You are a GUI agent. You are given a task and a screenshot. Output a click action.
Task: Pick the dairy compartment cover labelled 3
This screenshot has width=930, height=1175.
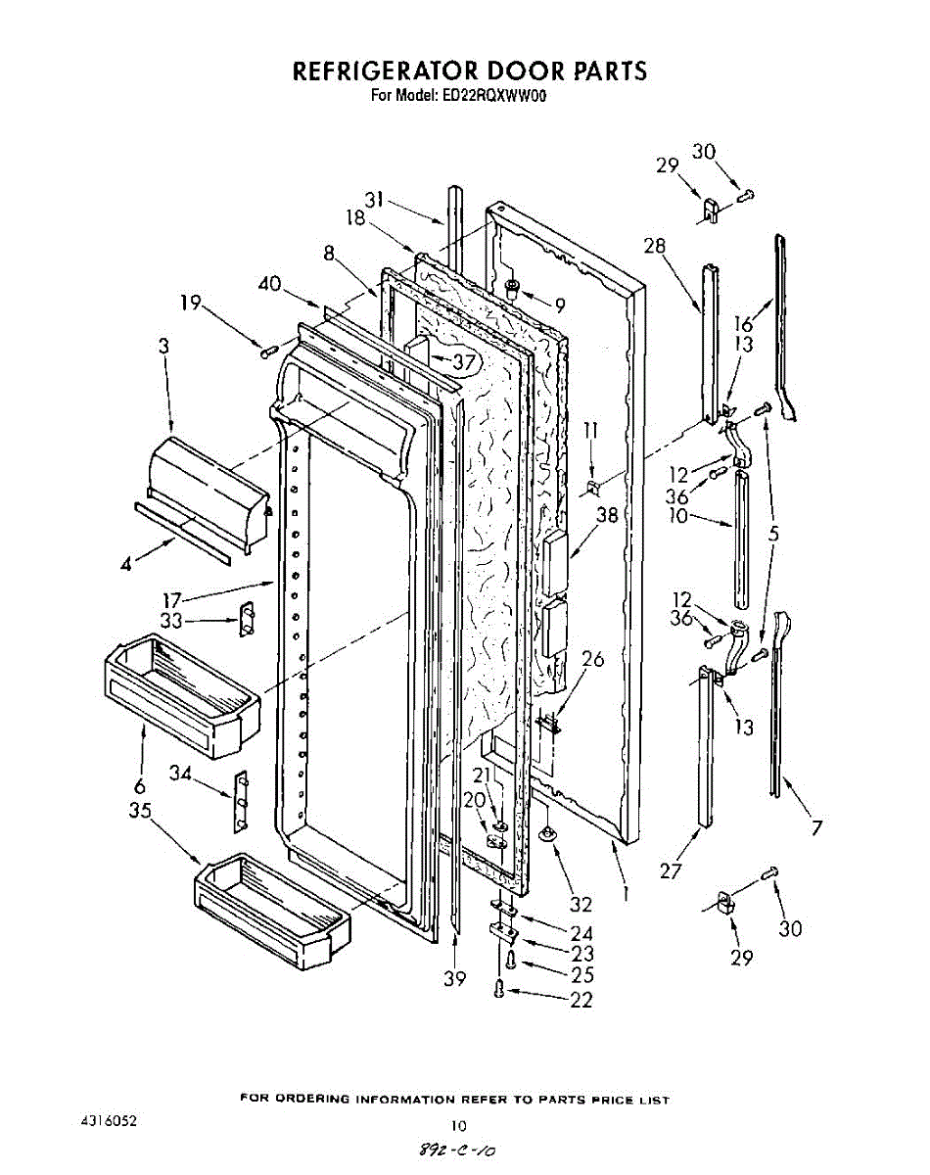[x=206, y=490]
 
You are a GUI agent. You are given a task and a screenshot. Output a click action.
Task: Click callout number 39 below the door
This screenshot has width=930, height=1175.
[x=454, y=979]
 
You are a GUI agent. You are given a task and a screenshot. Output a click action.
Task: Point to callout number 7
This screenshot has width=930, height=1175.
[x=815, y=828]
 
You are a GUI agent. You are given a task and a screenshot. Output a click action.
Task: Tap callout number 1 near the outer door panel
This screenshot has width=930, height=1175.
[x=624, y=893]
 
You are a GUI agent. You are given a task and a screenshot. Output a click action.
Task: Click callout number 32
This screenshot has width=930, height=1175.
[x=581, y=904]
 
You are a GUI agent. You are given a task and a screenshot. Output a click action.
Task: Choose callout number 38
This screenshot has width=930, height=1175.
[x=608, y=515]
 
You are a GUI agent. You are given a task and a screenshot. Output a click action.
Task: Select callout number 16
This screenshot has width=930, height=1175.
[x=744, y=324]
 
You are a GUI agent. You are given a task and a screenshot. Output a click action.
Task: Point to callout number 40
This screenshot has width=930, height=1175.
[x=270, y=285]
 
